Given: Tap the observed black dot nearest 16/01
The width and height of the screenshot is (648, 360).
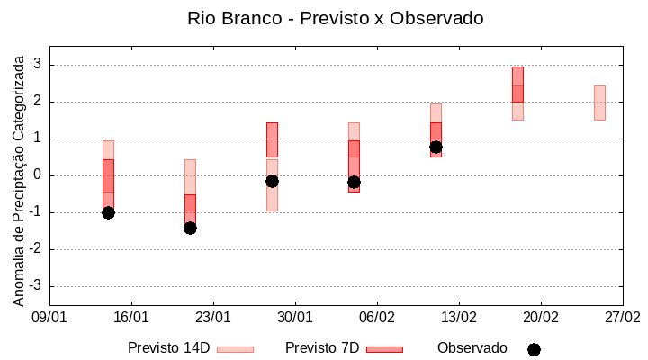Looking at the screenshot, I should click(108, 212).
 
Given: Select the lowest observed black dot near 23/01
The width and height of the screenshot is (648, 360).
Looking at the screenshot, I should click(190, 228).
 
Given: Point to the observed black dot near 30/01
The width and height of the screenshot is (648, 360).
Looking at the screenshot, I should click(272, 181).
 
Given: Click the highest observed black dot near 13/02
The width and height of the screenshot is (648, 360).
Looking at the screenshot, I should click(436, 147).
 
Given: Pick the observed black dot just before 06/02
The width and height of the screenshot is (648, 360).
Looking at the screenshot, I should click(354, 182).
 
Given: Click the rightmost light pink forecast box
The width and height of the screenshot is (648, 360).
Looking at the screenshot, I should click(599, 103).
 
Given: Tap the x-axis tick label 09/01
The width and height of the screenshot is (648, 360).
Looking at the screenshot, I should click(49, 318).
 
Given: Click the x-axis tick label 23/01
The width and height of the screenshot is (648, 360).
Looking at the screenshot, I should click(213, 318).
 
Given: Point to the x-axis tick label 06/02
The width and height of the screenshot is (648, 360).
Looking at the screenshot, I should click(377, 318).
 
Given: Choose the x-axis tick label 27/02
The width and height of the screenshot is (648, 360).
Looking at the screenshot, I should click(623, 318).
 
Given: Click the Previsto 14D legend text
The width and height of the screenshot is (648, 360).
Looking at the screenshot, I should click(169, 348).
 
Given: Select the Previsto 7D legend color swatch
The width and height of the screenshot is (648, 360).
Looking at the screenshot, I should click(384, 349).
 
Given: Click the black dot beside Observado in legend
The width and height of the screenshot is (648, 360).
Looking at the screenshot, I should click(534, 349).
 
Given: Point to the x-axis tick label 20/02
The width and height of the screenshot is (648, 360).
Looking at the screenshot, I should click(541, 318).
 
